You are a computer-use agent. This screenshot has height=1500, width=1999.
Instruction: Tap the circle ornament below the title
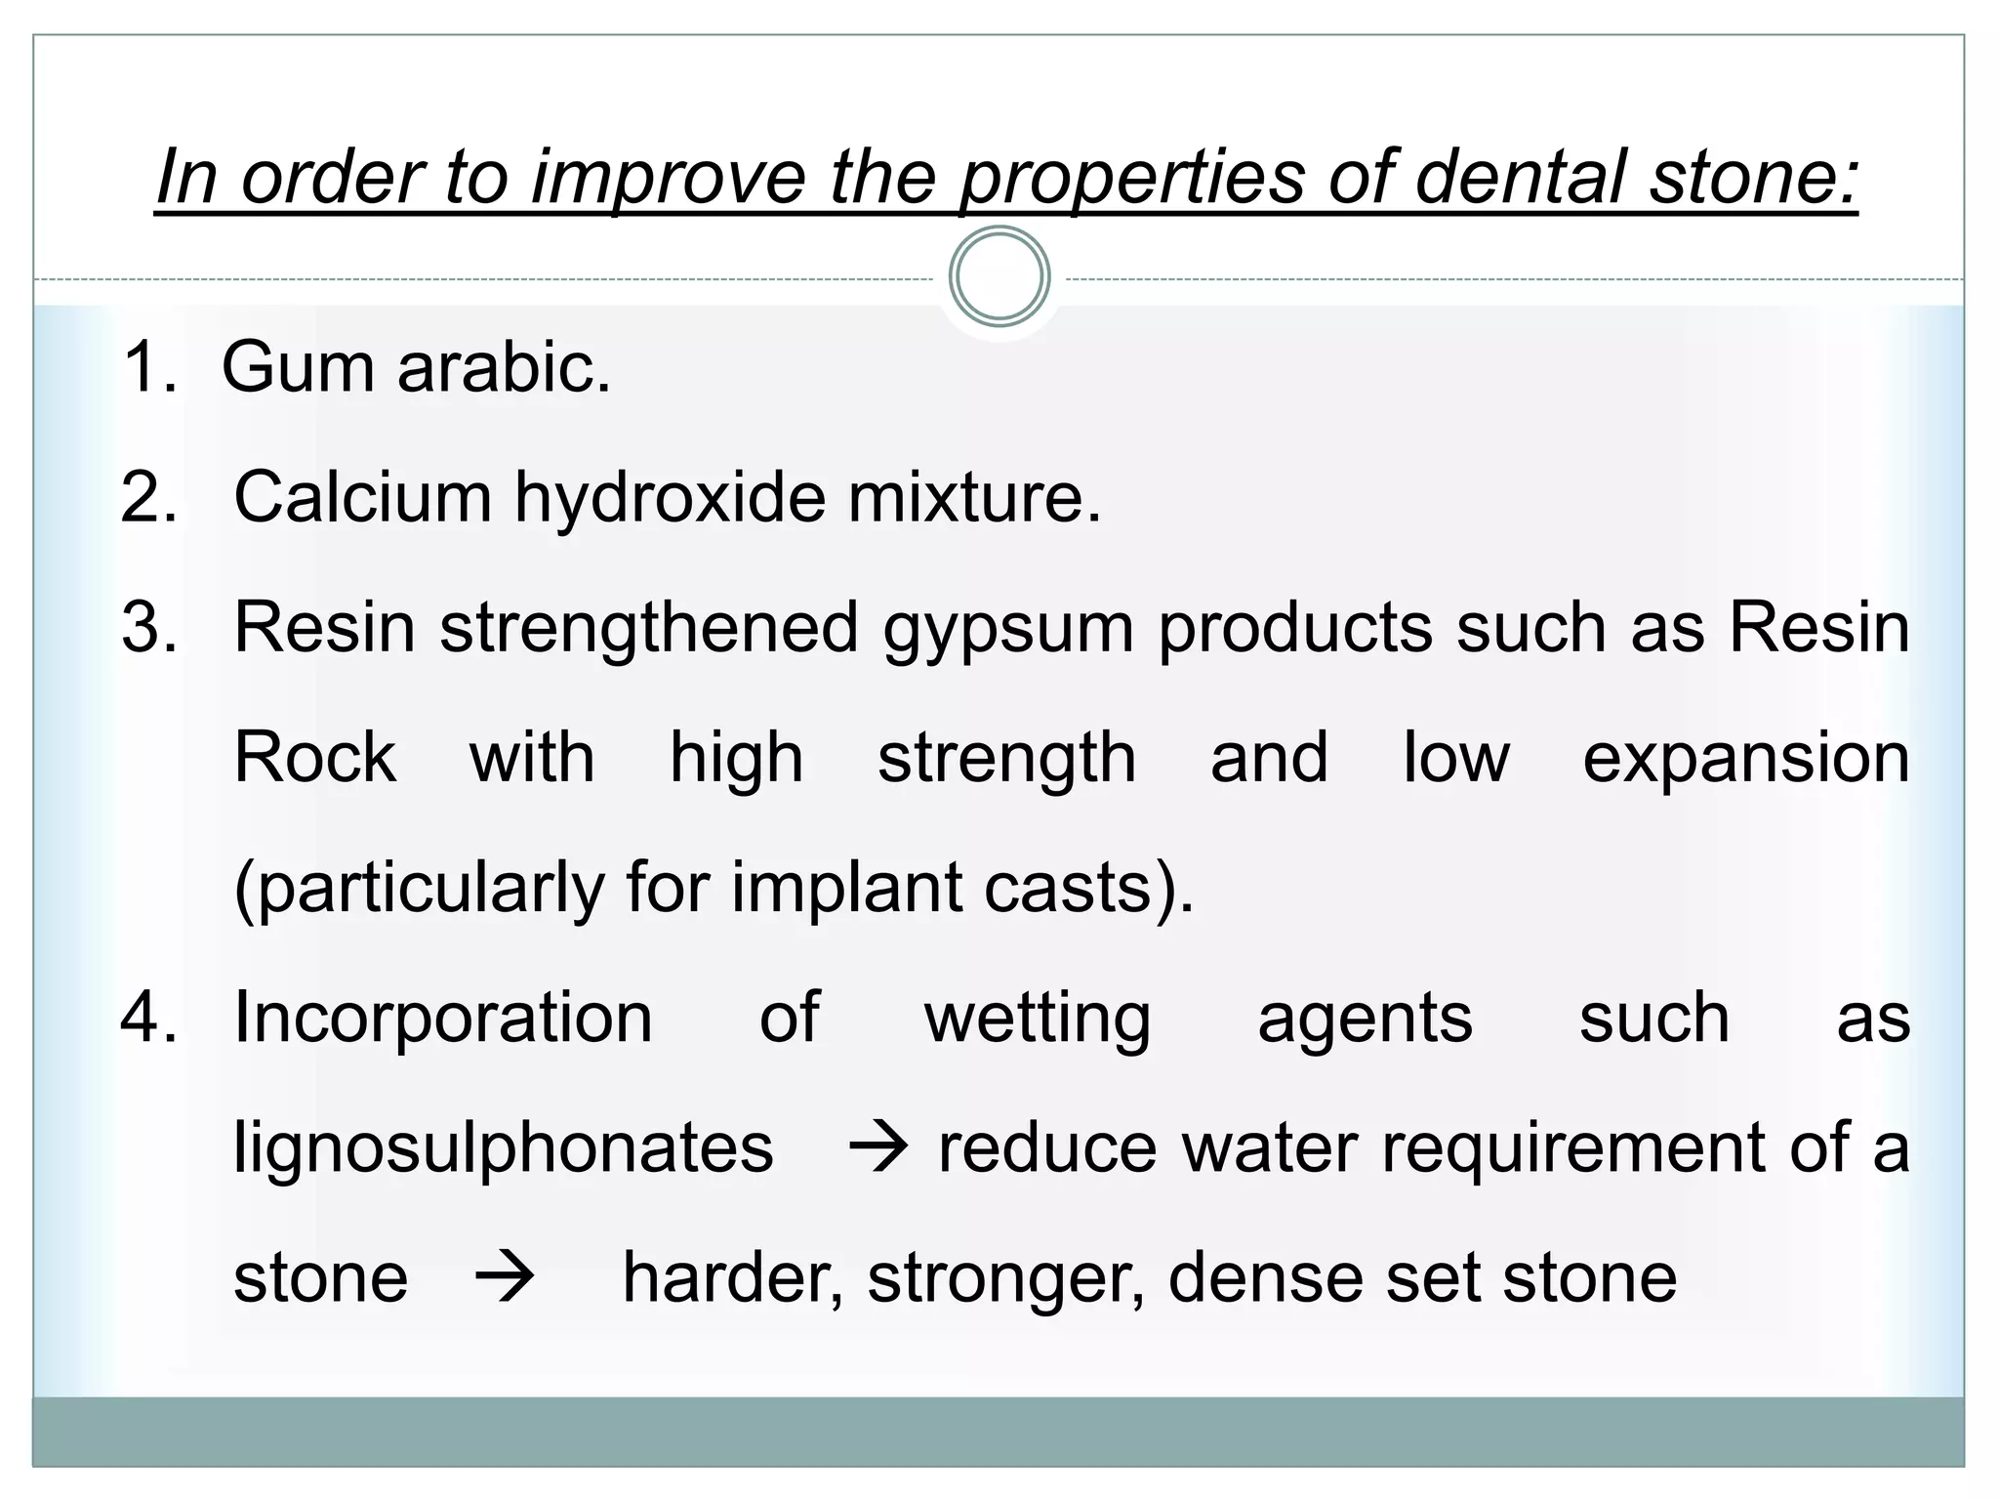[x=999, y=276]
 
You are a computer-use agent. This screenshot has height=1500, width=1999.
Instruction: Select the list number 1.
[x=146, y=368]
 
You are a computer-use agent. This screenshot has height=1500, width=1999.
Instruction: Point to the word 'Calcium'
[x=362, y=498]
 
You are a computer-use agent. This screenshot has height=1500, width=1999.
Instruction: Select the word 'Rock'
[x=315, y=758]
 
